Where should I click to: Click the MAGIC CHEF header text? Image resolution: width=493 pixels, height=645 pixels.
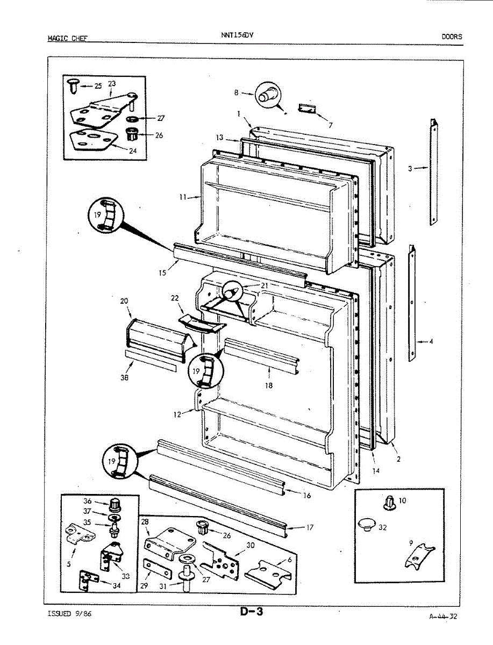pyautogui.click(x=67, y=38)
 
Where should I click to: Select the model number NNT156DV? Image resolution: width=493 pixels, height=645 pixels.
pyautogui.click(x=237, y=35)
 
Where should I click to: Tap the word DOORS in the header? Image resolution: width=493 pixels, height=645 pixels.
pyautogui.click(x=452, y=37)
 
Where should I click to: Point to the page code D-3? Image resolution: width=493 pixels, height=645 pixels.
pyautogui.click(x=252, y=612)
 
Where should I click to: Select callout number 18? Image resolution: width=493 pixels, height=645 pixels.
pyautogui.click(x=269, y=385)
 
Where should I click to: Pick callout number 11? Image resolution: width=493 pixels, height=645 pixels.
pyautogui.click(x=183, y=198)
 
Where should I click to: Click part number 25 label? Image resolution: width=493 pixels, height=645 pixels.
pyautogui.click(x=97, y=86)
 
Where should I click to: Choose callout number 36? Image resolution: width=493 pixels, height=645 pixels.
pyautogui.click(x=88, y=500)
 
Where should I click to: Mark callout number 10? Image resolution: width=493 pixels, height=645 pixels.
pyautogui.click(x=403, y=500)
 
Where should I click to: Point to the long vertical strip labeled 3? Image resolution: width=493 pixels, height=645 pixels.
pyautogui.click(x=433, y=172)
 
